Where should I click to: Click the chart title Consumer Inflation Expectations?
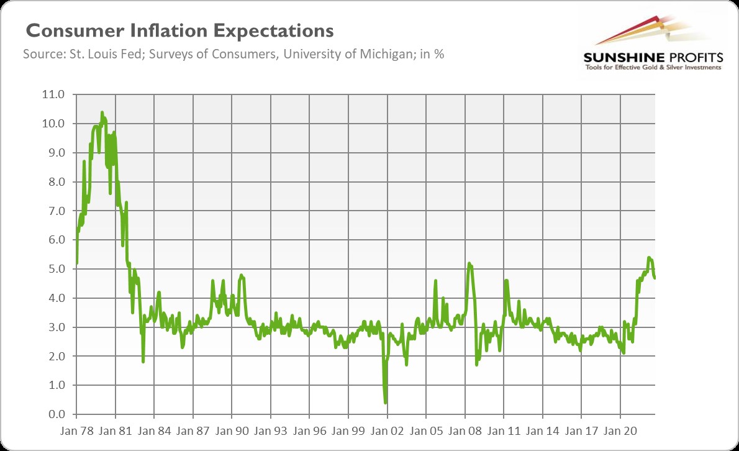[179, 31]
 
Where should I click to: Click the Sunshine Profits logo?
[652, 43]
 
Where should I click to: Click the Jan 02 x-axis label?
[387, 430]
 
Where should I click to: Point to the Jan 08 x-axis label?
[465, 430]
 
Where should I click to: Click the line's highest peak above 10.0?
[102, 112]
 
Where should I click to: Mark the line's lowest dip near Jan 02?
[386, 403]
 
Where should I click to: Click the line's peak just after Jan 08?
[469, 263]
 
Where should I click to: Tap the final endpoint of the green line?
[655, 278]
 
